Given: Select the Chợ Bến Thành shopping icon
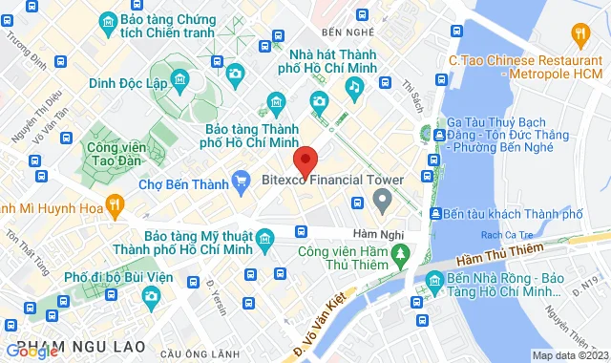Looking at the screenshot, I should point(243,183).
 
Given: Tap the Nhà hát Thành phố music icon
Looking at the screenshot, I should point(353,86).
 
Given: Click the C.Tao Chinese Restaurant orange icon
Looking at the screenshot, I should point(579,35).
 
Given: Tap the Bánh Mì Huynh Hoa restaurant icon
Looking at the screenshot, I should point(115,203).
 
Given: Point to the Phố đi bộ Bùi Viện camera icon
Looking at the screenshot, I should point(151,297).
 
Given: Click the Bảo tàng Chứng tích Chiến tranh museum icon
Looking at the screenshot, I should point(107,20).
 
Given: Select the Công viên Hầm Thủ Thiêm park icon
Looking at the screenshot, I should point(401,253).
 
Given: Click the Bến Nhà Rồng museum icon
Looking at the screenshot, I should point(427,282).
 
